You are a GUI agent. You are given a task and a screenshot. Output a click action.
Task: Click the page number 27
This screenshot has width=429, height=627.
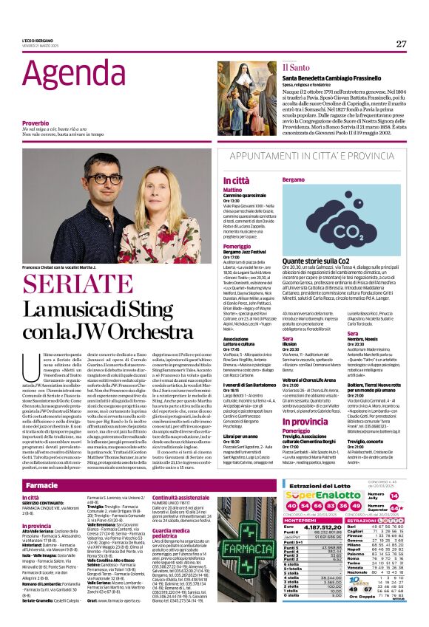point(400,44)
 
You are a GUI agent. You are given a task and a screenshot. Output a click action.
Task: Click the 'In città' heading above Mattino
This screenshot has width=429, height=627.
point(236,180)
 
